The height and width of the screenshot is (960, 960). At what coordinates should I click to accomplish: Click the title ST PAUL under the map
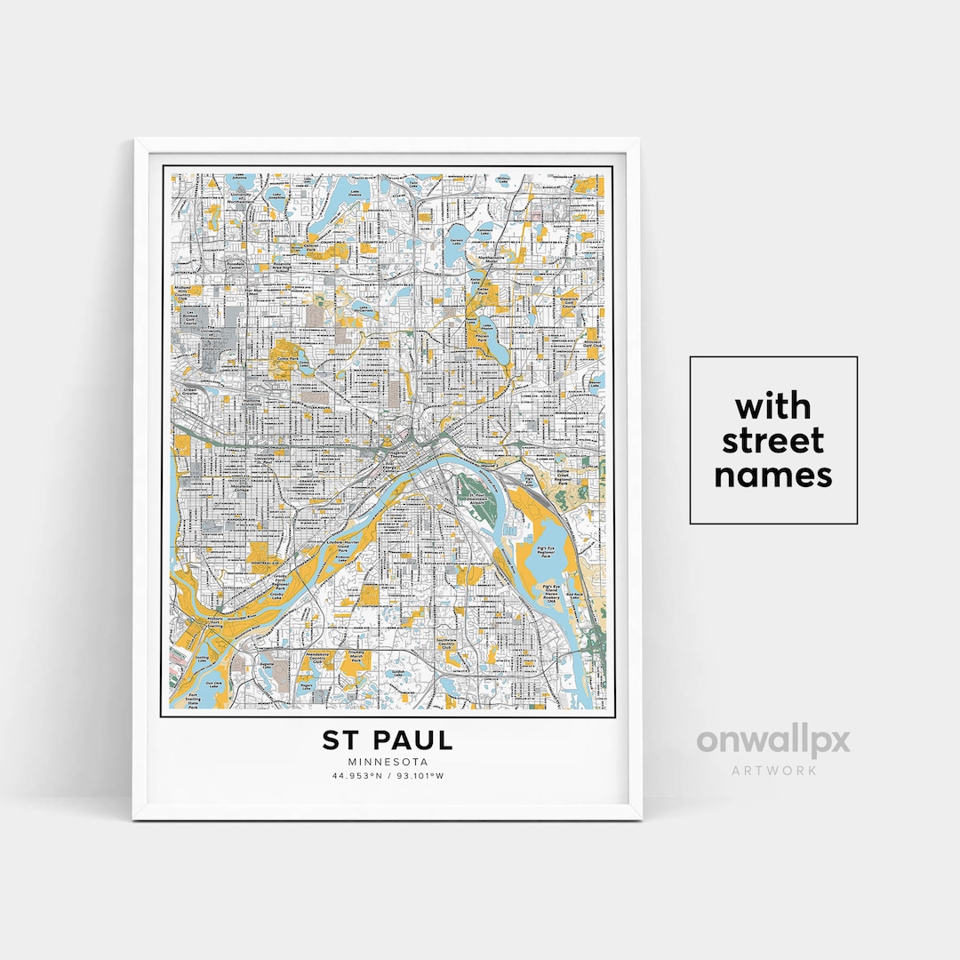(388, 740)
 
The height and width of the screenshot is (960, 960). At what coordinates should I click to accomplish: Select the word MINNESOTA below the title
(388, 762)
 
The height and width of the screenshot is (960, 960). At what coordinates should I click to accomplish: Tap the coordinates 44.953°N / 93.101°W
(388, 776)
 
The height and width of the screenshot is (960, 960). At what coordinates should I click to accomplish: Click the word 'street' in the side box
(772, 441)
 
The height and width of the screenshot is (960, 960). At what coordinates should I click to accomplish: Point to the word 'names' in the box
(772, 476)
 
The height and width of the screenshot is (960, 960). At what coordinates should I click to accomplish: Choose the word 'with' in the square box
(772, 407)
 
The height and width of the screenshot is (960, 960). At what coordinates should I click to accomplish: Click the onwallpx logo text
(772, 740)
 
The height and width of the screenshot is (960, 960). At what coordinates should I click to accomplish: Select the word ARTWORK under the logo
(772, 770)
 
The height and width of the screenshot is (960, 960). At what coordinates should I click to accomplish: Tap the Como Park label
(286, 353)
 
